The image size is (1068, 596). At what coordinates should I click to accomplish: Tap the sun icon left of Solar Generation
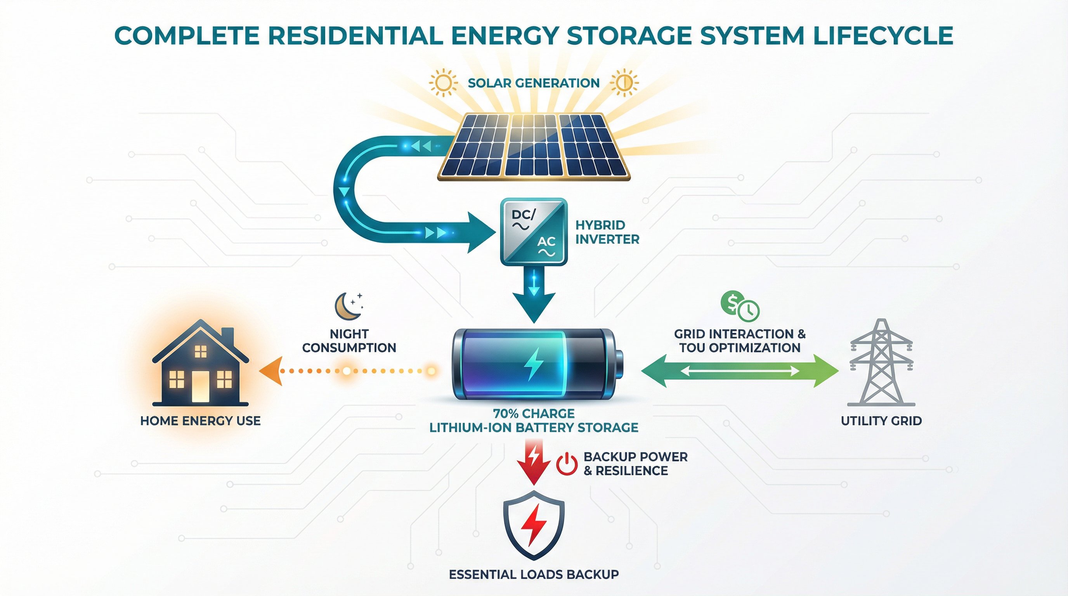click(x=443, y=83)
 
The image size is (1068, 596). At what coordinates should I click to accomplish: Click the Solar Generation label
click(x=534, y=83)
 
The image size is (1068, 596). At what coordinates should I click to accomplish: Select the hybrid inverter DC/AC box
click(x=534, y=231)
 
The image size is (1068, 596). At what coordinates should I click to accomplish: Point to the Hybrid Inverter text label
click(x=607, y=232)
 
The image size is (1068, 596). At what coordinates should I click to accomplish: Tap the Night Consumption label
click(x=349, y=341)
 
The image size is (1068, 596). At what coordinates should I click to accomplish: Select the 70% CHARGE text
click(x=534, y=413)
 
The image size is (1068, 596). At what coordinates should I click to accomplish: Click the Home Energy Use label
click(x=200, y=421)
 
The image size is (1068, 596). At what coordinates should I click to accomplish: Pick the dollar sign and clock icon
click(x=740, y=306)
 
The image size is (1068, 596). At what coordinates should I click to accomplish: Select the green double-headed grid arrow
click(x=740, y=371)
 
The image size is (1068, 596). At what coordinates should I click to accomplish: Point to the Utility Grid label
click(x=881, y=421)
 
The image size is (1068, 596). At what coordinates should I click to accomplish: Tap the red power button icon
click(x=566, y=464)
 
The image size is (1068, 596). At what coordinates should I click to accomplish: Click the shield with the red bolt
click(x=534, y=524)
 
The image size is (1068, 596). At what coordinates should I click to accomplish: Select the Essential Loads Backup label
click(x=534, y=574)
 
